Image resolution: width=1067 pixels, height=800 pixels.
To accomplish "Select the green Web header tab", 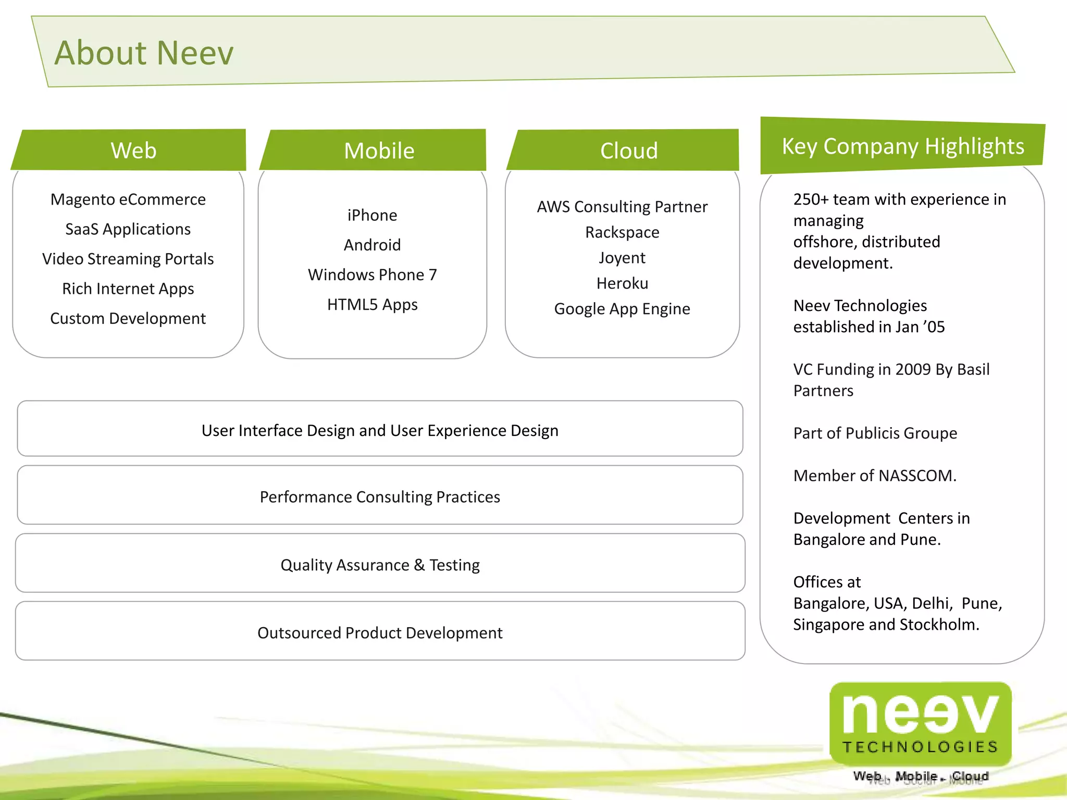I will coord(133,151).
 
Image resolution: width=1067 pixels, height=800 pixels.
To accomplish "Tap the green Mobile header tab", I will coord(379,151).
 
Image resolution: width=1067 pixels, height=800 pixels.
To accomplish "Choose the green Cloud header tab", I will coord(628,151).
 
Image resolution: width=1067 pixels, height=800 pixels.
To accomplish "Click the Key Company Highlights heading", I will coord(902,146).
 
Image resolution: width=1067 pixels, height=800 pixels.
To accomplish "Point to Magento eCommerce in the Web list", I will coord(128,199).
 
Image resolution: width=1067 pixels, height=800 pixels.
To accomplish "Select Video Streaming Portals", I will coord(128,259).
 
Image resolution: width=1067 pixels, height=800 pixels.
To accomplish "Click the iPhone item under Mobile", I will coord(372,215).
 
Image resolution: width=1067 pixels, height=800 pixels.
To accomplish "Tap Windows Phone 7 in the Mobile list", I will coord(372,274).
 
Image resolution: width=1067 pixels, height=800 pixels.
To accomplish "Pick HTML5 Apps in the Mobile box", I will coord(372,304).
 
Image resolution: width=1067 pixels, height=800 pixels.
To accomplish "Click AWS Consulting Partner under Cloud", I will coord(622,207).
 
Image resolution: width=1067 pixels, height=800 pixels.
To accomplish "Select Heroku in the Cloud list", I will coord(622,283).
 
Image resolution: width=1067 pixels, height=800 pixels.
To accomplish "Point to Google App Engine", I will coord(622,309).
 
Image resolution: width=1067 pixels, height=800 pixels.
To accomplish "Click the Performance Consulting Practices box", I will coord(380,496).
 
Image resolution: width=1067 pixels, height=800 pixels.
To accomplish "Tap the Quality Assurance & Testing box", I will coord(380,565).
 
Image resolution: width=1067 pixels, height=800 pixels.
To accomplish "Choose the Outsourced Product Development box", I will coord(380,632).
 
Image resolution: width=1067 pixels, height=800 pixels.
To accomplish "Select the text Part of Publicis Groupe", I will coord(875,433).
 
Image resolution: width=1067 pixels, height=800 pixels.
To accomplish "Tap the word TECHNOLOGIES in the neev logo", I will coord(920,747).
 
